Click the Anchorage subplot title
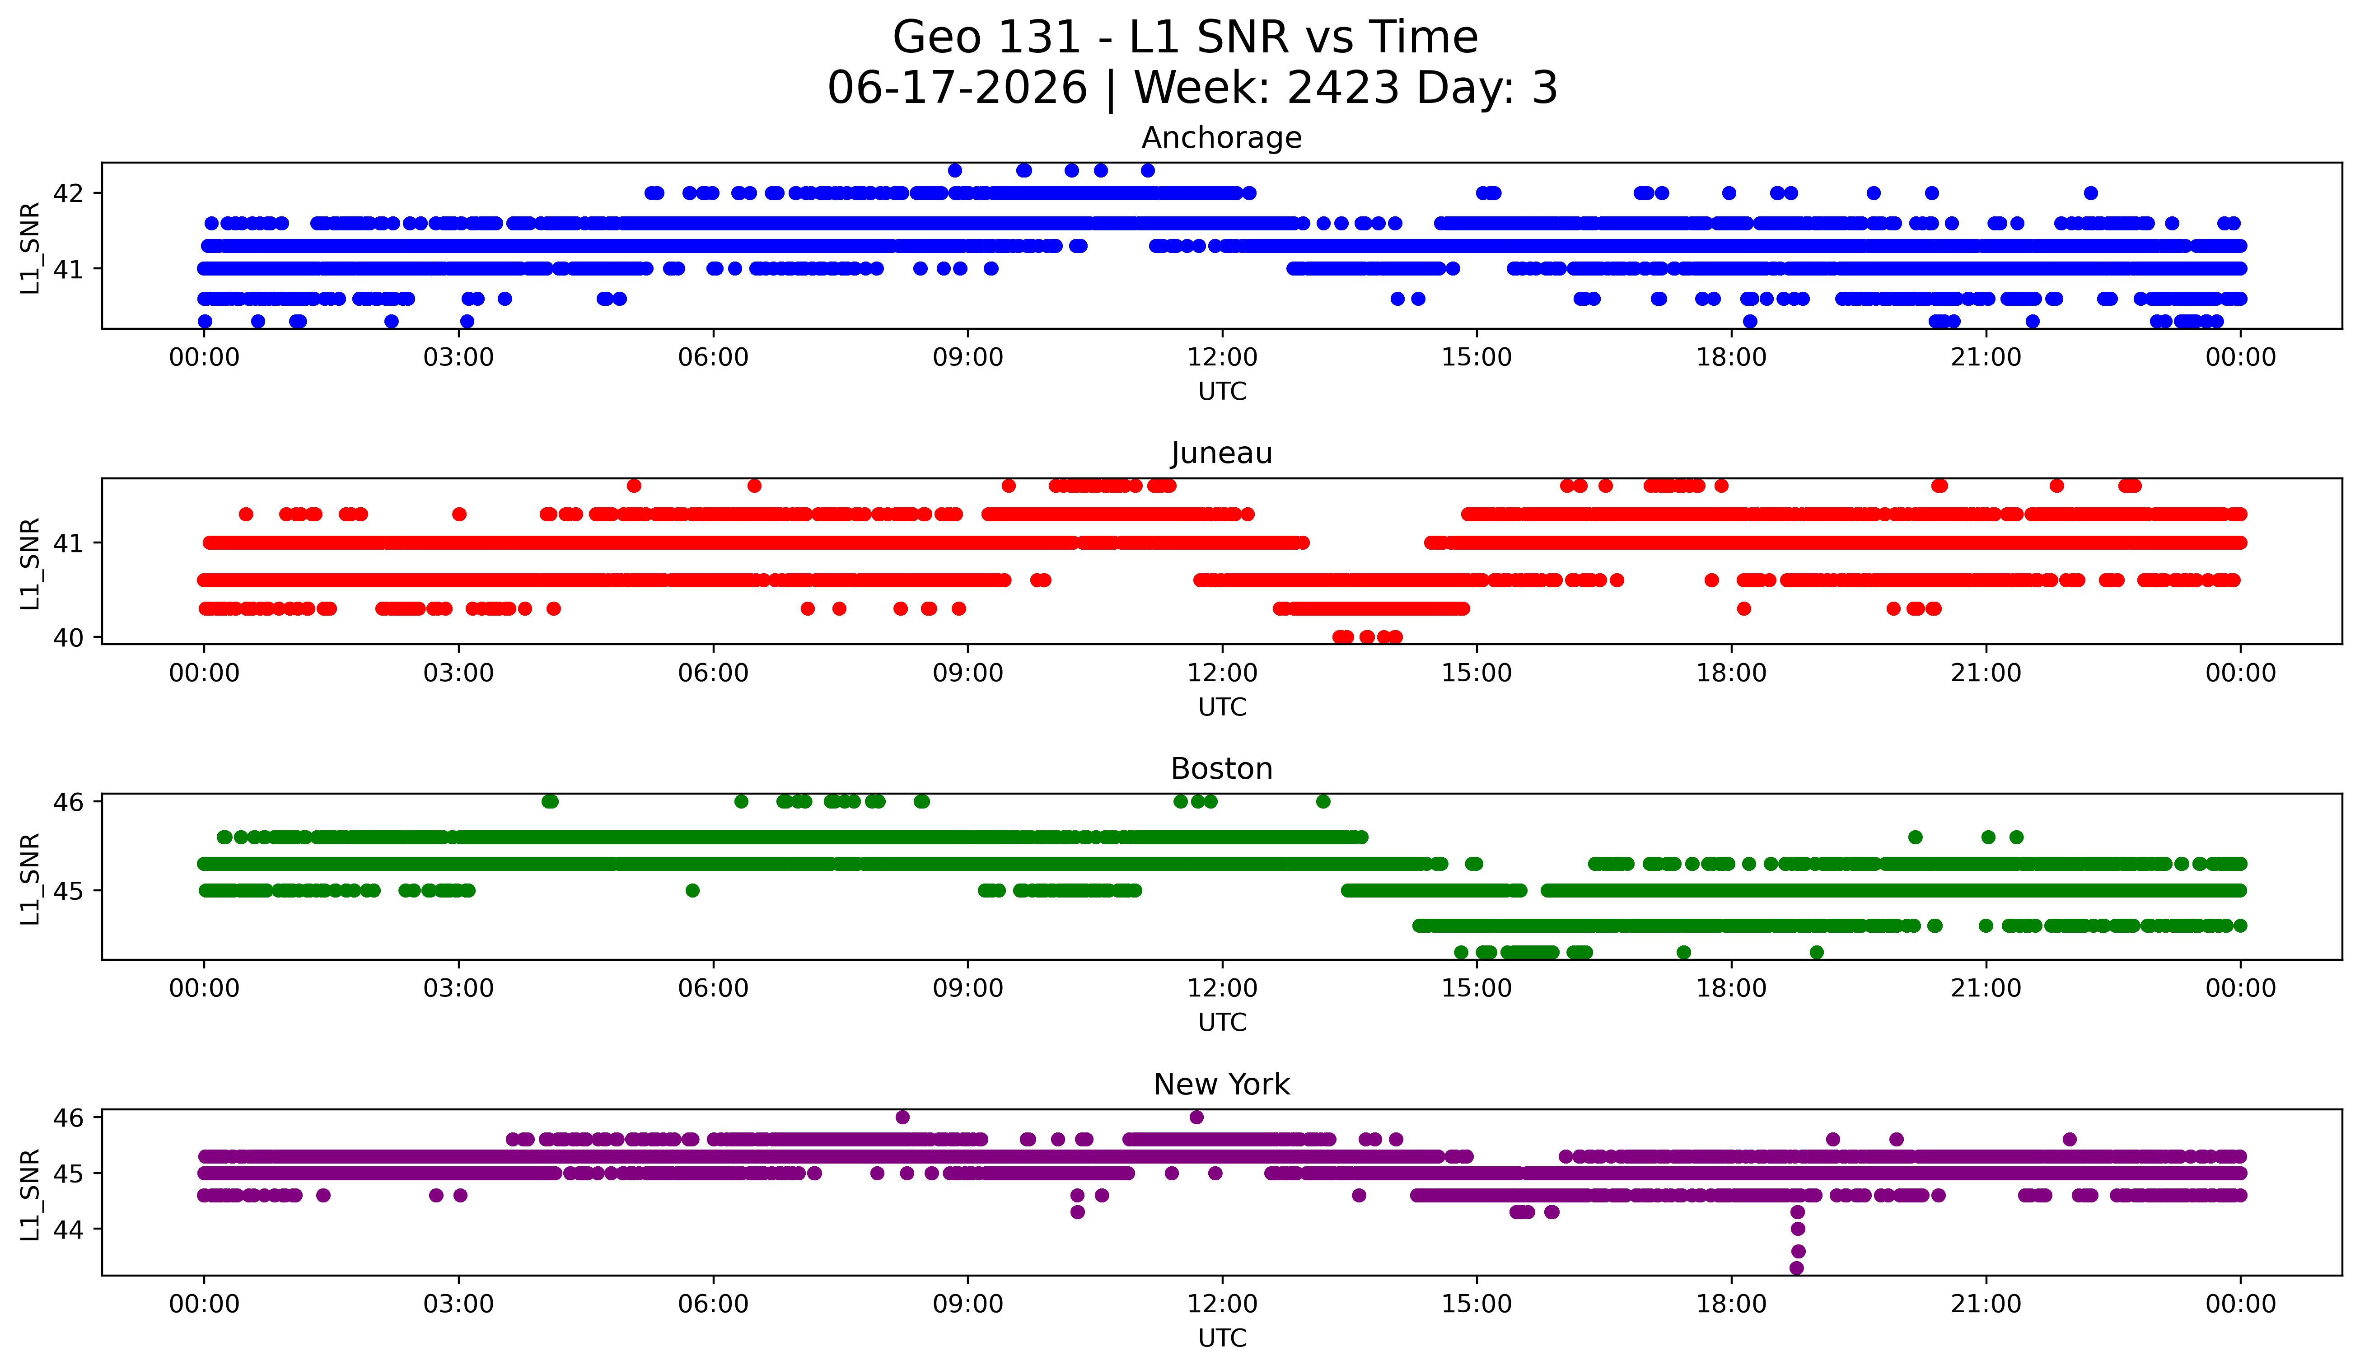1221,138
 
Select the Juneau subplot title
1221,453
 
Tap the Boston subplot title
1221,769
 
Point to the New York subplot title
1221,1085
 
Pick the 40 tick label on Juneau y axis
68,638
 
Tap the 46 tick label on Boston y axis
68,802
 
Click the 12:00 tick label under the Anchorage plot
1222,358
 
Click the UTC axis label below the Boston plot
1222,1023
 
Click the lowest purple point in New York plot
1796,1268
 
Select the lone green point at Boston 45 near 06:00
692,891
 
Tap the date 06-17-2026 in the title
957,88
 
